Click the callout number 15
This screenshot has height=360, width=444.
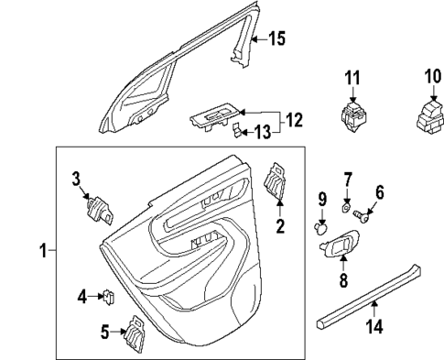click(276, 38)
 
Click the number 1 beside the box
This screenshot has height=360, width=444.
click(34, 250)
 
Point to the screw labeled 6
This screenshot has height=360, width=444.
click(364, 217)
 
